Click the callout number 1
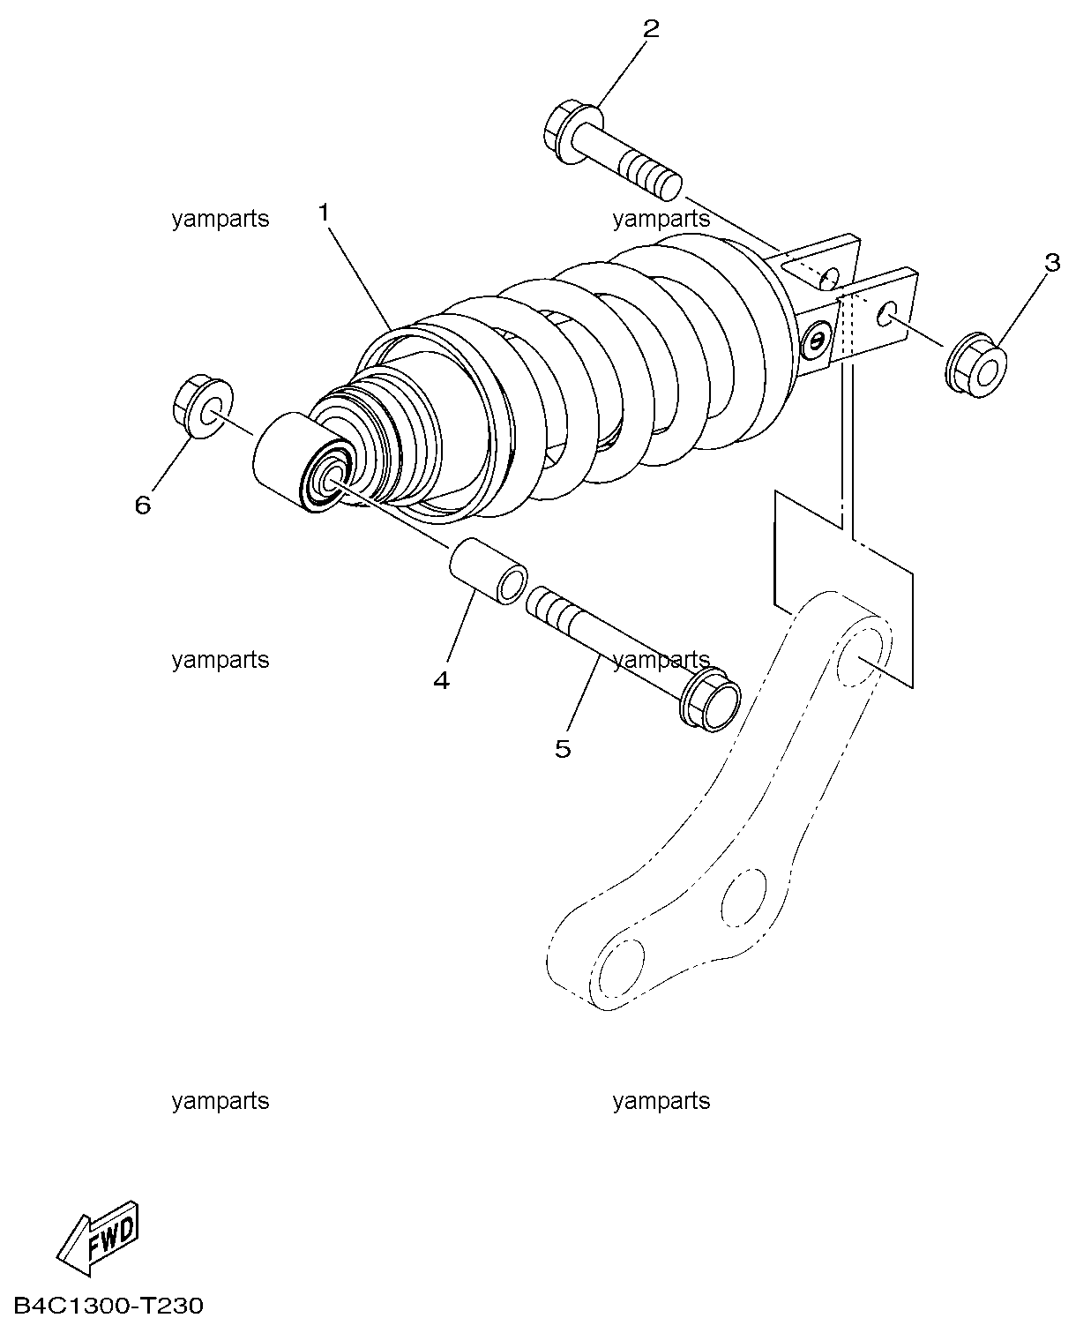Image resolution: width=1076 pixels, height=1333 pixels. [324, 213]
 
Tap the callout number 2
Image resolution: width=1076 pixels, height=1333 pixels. [651, 28]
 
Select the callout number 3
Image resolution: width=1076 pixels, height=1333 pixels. [1052, 263]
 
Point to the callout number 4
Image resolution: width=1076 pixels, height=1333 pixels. [442, 679]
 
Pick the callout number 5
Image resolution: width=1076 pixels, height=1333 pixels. [563, 748]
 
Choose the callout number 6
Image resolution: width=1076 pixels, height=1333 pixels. [143, 505]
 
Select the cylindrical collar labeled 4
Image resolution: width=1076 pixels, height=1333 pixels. [488, 571]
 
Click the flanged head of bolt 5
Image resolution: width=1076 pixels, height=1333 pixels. [710, 699]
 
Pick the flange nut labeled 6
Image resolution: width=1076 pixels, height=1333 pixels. [202, 407]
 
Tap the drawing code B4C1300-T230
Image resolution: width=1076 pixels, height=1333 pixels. [108, 1306]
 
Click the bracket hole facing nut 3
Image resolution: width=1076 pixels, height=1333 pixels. [886, 315]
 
